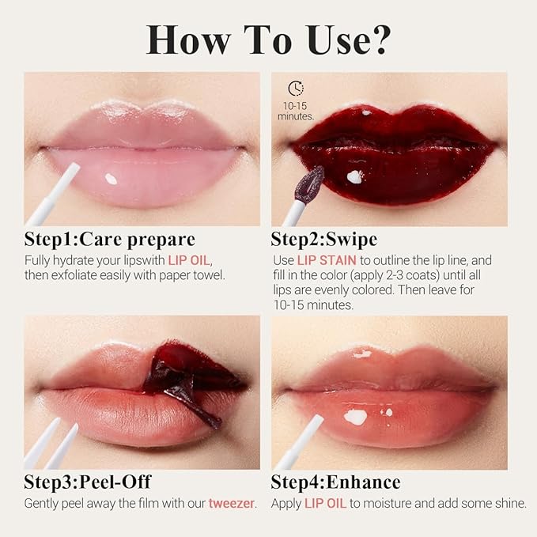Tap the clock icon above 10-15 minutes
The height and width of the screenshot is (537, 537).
coord(296,89)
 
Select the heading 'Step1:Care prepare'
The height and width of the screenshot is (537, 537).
coord(110,239)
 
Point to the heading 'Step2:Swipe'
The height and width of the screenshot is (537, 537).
coord(324,239)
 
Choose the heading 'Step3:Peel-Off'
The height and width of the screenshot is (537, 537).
coord(87,482)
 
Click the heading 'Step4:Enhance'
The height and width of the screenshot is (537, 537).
coord(335,482)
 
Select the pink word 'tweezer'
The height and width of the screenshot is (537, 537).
coord(232,503)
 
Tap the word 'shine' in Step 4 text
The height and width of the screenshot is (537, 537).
coord(506,503)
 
